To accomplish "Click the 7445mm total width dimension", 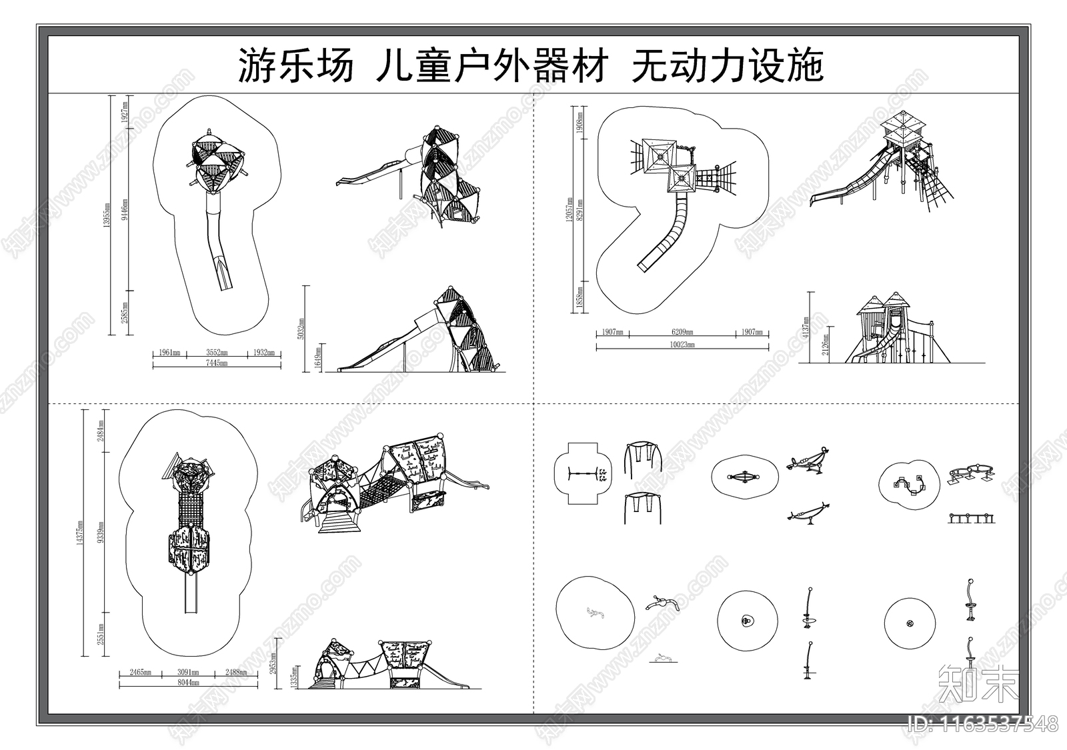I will (x=217, y=363).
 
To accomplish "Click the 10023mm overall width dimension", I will (x=682, y=345).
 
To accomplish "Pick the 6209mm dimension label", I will (x=682, y=332).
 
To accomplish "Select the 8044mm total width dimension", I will (x=189, y=683).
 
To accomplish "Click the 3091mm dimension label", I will (x=189, y=673).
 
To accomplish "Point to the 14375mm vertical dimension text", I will (x=80, y=533).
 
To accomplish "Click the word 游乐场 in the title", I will (x=295, y=66).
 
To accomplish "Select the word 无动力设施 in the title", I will (x=727, y=66).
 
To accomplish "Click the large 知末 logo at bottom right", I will (x=977, y=683).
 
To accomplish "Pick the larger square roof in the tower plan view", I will (x=660, y=155).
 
